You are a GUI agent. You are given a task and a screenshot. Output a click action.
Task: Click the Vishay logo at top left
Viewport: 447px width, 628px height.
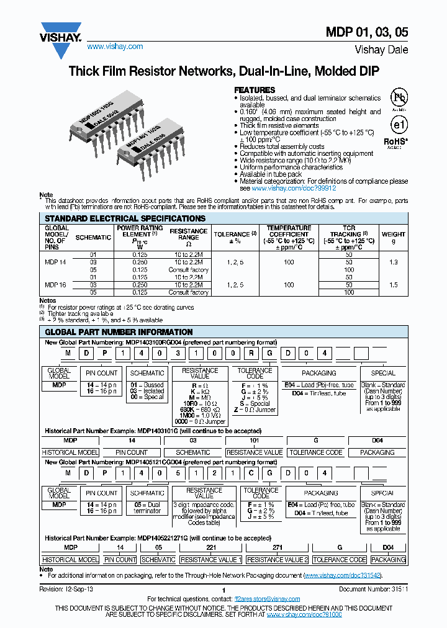coord(61,32)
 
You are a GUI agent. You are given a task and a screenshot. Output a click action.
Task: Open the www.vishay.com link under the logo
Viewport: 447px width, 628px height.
coord(115,47)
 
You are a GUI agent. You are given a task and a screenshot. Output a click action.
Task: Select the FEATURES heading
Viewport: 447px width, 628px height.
coord(255,90)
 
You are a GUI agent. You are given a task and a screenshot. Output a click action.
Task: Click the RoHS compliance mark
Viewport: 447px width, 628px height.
coord(395,141)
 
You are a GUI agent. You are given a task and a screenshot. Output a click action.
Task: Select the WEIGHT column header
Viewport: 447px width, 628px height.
coord(394,235)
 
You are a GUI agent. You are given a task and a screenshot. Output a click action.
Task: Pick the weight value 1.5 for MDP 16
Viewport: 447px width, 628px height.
coord(394,285)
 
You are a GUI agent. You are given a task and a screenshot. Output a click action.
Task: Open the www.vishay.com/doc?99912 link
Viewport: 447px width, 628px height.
coord(294,188)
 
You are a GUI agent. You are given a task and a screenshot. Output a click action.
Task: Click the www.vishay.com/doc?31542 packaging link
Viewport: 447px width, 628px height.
coord(342,575)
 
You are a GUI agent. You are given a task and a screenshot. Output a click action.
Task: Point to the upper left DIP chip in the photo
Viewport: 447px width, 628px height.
coord(102,115)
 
